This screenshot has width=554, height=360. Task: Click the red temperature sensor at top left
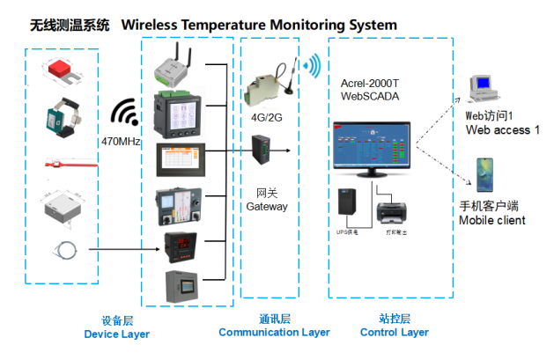coord(62,69)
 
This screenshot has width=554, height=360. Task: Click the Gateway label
coord(266,206)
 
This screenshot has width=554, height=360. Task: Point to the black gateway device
coord(263,151)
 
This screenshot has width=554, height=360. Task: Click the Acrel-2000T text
coord(370,83)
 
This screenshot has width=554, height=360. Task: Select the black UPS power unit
coord(348,204)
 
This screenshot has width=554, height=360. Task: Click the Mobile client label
coord(492,220)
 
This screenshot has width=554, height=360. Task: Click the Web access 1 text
coord(503,130)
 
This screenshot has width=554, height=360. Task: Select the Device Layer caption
coord(116,334)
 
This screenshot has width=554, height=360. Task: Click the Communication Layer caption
coord(274,332)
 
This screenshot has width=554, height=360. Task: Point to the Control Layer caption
coord(394,332)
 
